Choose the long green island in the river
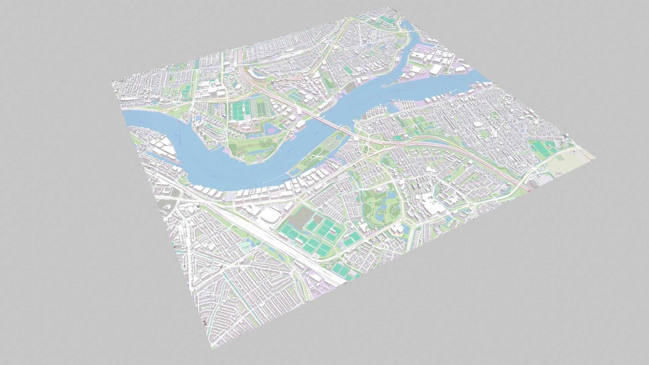tap(319, 149)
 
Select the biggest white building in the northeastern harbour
tap(436, 70)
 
